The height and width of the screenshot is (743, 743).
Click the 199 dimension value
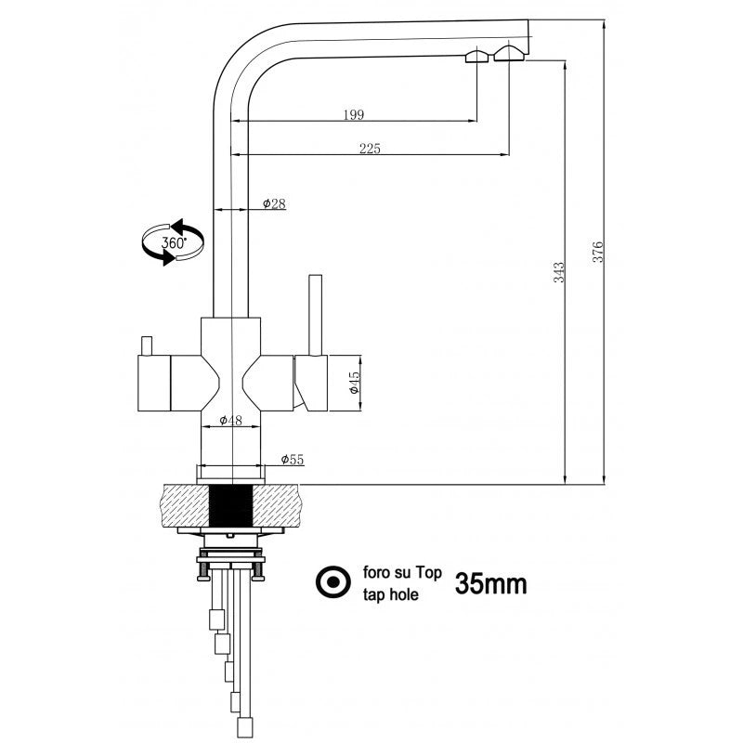pos(353,114)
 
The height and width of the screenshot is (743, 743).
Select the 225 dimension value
pos(369,148)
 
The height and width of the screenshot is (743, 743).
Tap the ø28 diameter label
pos(273,203)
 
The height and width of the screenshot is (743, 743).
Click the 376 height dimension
pos(598,251)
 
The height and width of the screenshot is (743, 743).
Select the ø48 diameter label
pos(230,421)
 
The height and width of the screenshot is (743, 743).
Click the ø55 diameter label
pos(293,460)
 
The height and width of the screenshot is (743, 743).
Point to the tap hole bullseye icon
pos(328,583)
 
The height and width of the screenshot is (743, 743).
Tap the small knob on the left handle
pos(145,345)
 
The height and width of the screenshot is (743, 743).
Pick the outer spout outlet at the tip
pos(509,53)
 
